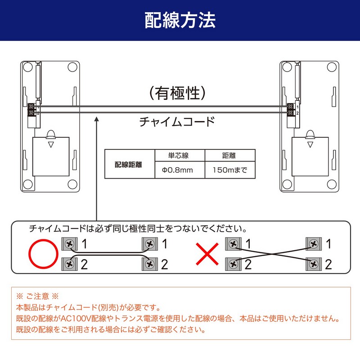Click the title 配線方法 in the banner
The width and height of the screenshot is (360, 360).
click(x=180, y=20)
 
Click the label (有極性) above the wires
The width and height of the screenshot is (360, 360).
click(x=177, y=93)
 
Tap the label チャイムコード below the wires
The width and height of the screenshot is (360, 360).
click(x=177, y=121)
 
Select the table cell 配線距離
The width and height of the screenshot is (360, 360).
click(x=129, y=164)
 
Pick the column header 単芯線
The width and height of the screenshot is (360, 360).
click(x=178, y=155)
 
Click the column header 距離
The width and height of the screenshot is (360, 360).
click(x=229, y=155)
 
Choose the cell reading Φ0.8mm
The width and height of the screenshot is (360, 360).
click(x=177, y=170)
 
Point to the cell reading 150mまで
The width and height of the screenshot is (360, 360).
click(x=229, y=170)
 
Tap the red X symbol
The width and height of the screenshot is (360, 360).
click(x=207, y=254)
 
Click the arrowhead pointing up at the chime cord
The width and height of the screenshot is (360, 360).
click(x=97, y=119)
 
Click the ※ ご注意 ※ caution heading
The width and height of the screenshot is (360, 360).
click(x=37, y=296)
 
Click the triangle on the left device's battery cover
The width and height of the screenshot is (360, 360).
click(x=51, y=144)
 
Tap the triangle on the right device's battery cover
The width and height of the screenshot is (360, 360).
click(x=310, y=144)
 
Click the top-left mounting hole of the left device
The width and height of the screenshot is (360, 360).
click(x=28, y=67)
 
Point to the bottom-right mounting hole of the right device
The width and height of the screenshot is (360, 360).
click(x=332, y=184)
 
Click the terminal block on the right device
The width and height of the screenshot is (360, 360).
click(x=290, y=109)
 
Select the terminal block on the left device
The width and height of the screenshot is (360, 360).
click(x=31, y=109)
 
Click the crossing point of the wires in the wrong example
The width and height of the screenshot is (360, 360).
click(x=273, y=254)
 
